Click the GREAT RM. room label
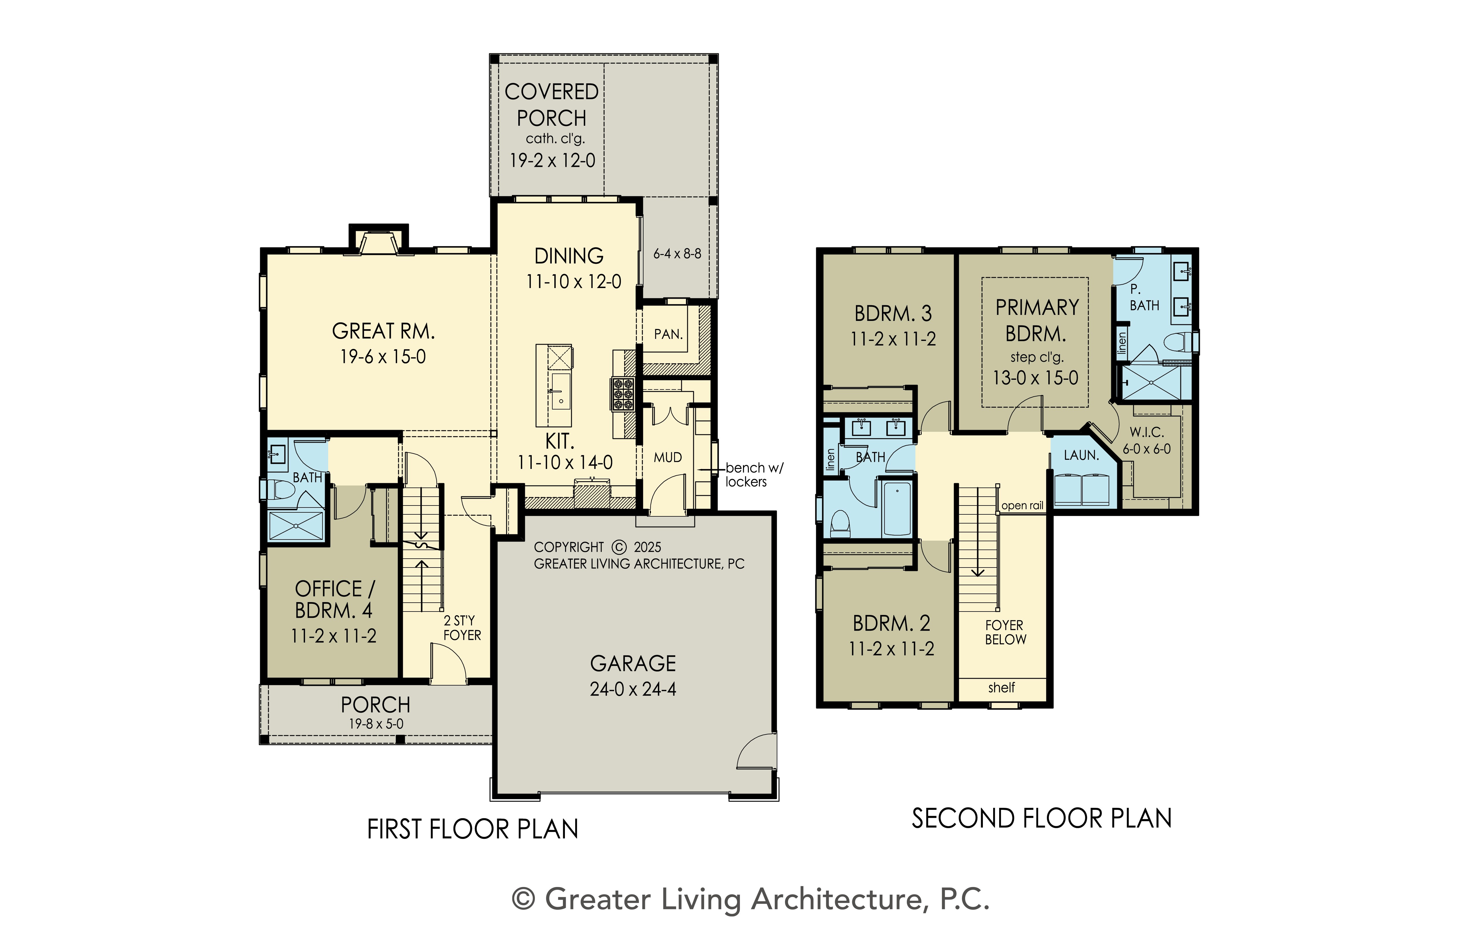click(383, 331)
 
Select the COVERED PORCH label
click(551, 105)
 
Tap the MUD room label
click(668, 457)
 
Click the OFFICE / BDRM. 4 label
click(334, 600)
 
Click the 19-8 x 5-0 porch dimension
click(376, 724)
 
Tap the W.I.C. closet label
click(1147, 432)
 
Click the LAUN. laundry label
click(1081, 455)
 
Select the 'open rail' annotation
click(1022, 506)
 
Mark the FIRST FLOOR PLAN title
click(472, 830)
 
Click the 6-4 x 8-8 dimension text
click(677, 253)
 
